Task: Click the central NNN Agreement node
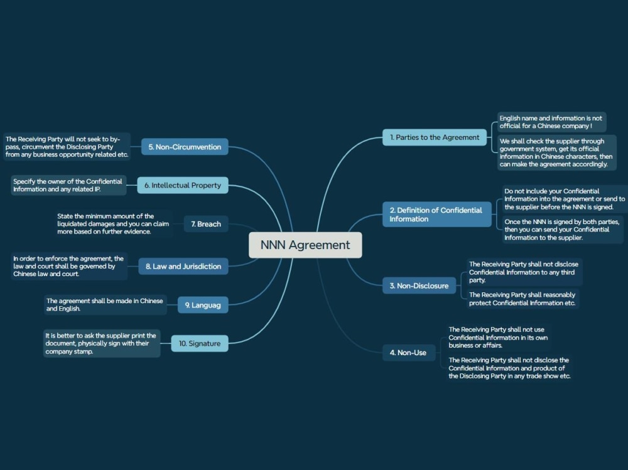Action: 305,245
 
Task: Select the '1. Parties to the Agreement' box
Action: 435,137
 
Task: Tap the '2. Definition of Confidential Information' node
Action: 437,215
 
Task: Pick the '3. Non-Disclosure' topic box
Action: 419,286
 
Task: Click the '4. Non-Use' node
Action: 409,353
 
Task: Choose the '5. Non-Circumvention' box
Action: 185,147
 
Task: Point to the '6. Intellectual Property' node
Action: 183,185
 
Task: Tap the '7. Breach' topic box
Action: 206,224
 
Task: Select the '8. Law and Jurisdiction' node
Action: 183,266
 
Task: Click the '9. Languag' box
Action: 203,305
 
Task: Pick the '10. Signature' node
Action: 200,343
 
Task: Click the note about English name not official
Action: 551,122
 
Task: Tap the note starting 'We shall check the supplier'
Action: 556,152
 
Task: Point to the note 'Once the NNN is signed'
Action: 563,230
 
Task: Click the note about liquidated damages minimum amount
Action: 113,224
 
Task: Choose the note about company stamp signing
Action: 102,343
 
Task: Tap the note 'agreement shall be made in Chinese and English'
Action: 106,305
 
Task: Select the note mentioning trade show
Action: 510,368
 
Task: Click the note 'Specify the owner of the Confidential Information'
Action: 68,185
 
